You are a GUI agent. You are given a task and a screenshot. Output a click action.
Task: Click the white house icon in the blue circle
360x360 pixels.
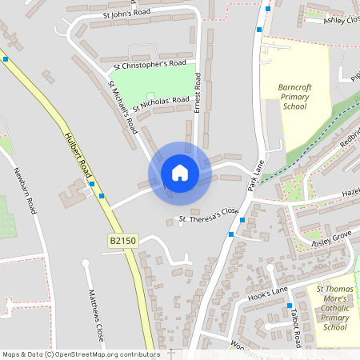tap(179, 173)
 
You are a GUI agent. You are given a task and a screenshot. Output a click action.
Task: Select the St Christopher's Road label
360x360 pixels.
tap(150, 63)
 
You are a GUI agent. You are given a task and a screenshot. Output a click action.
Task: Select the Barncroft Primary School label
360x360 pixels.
tap(294, 96)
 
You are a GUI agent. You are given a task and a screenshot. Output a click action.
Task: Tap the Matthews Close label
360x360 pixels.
tap(95, 315)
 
